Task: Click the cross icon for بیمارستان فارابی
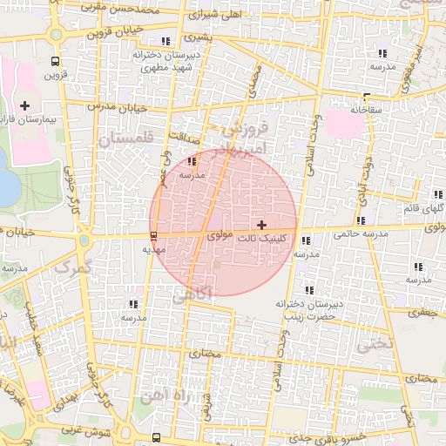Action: (24, 105)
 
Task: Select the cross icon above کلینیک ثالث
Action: (262, 226)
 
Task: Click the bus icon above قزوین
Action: (56, 62)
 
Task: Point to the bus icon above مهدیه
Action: (154, 235)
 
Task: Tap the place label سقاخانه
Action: (367, 111)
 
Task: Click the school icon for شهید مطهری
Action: (166, 41)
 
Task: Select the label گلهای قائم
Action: (424, 209)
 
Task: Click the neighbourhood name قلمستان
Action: (125, 139)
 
